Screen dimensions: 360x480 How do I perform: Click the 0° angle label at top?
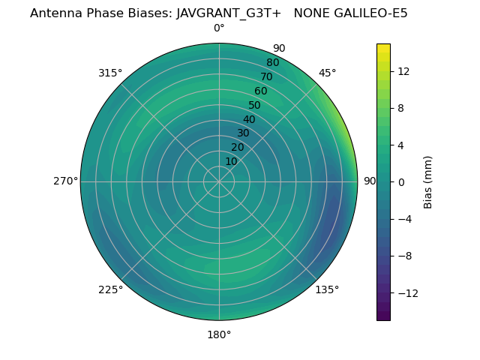(x=219, y=28)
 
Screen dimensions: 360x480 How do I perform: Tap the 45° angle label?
(x=327, y=73)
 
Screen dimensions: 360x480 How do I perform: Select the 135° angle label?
(x=327, y=289)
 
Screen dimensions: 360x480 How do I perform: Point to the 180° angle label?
(x=219, y=334)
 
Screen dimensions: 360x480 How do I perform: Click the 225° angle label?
(x=110, y=289)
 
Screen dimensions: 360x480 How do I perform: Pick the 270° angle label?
(x=65, y=181)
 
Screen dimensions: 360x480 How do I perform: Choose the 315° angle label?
(x=110, y=73)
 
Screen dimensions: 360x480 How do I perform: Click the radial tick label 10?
(x=231, y=161)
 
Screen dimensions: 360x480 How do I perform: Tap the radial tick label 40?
(x=249, y=119)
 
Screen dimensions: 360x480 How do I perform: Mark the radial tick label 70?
(x=266, y=76)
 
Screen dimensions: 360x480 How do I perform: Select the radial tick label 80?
(x=272, y=62)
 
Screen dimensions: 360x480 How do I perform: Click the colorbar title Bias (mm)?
(x=428, y=181)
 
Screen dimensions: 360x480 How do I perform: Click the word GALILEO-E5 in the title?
(x=370, y=13)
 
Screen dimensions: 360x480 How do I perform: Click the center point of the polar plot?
(x=219, y=181)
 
